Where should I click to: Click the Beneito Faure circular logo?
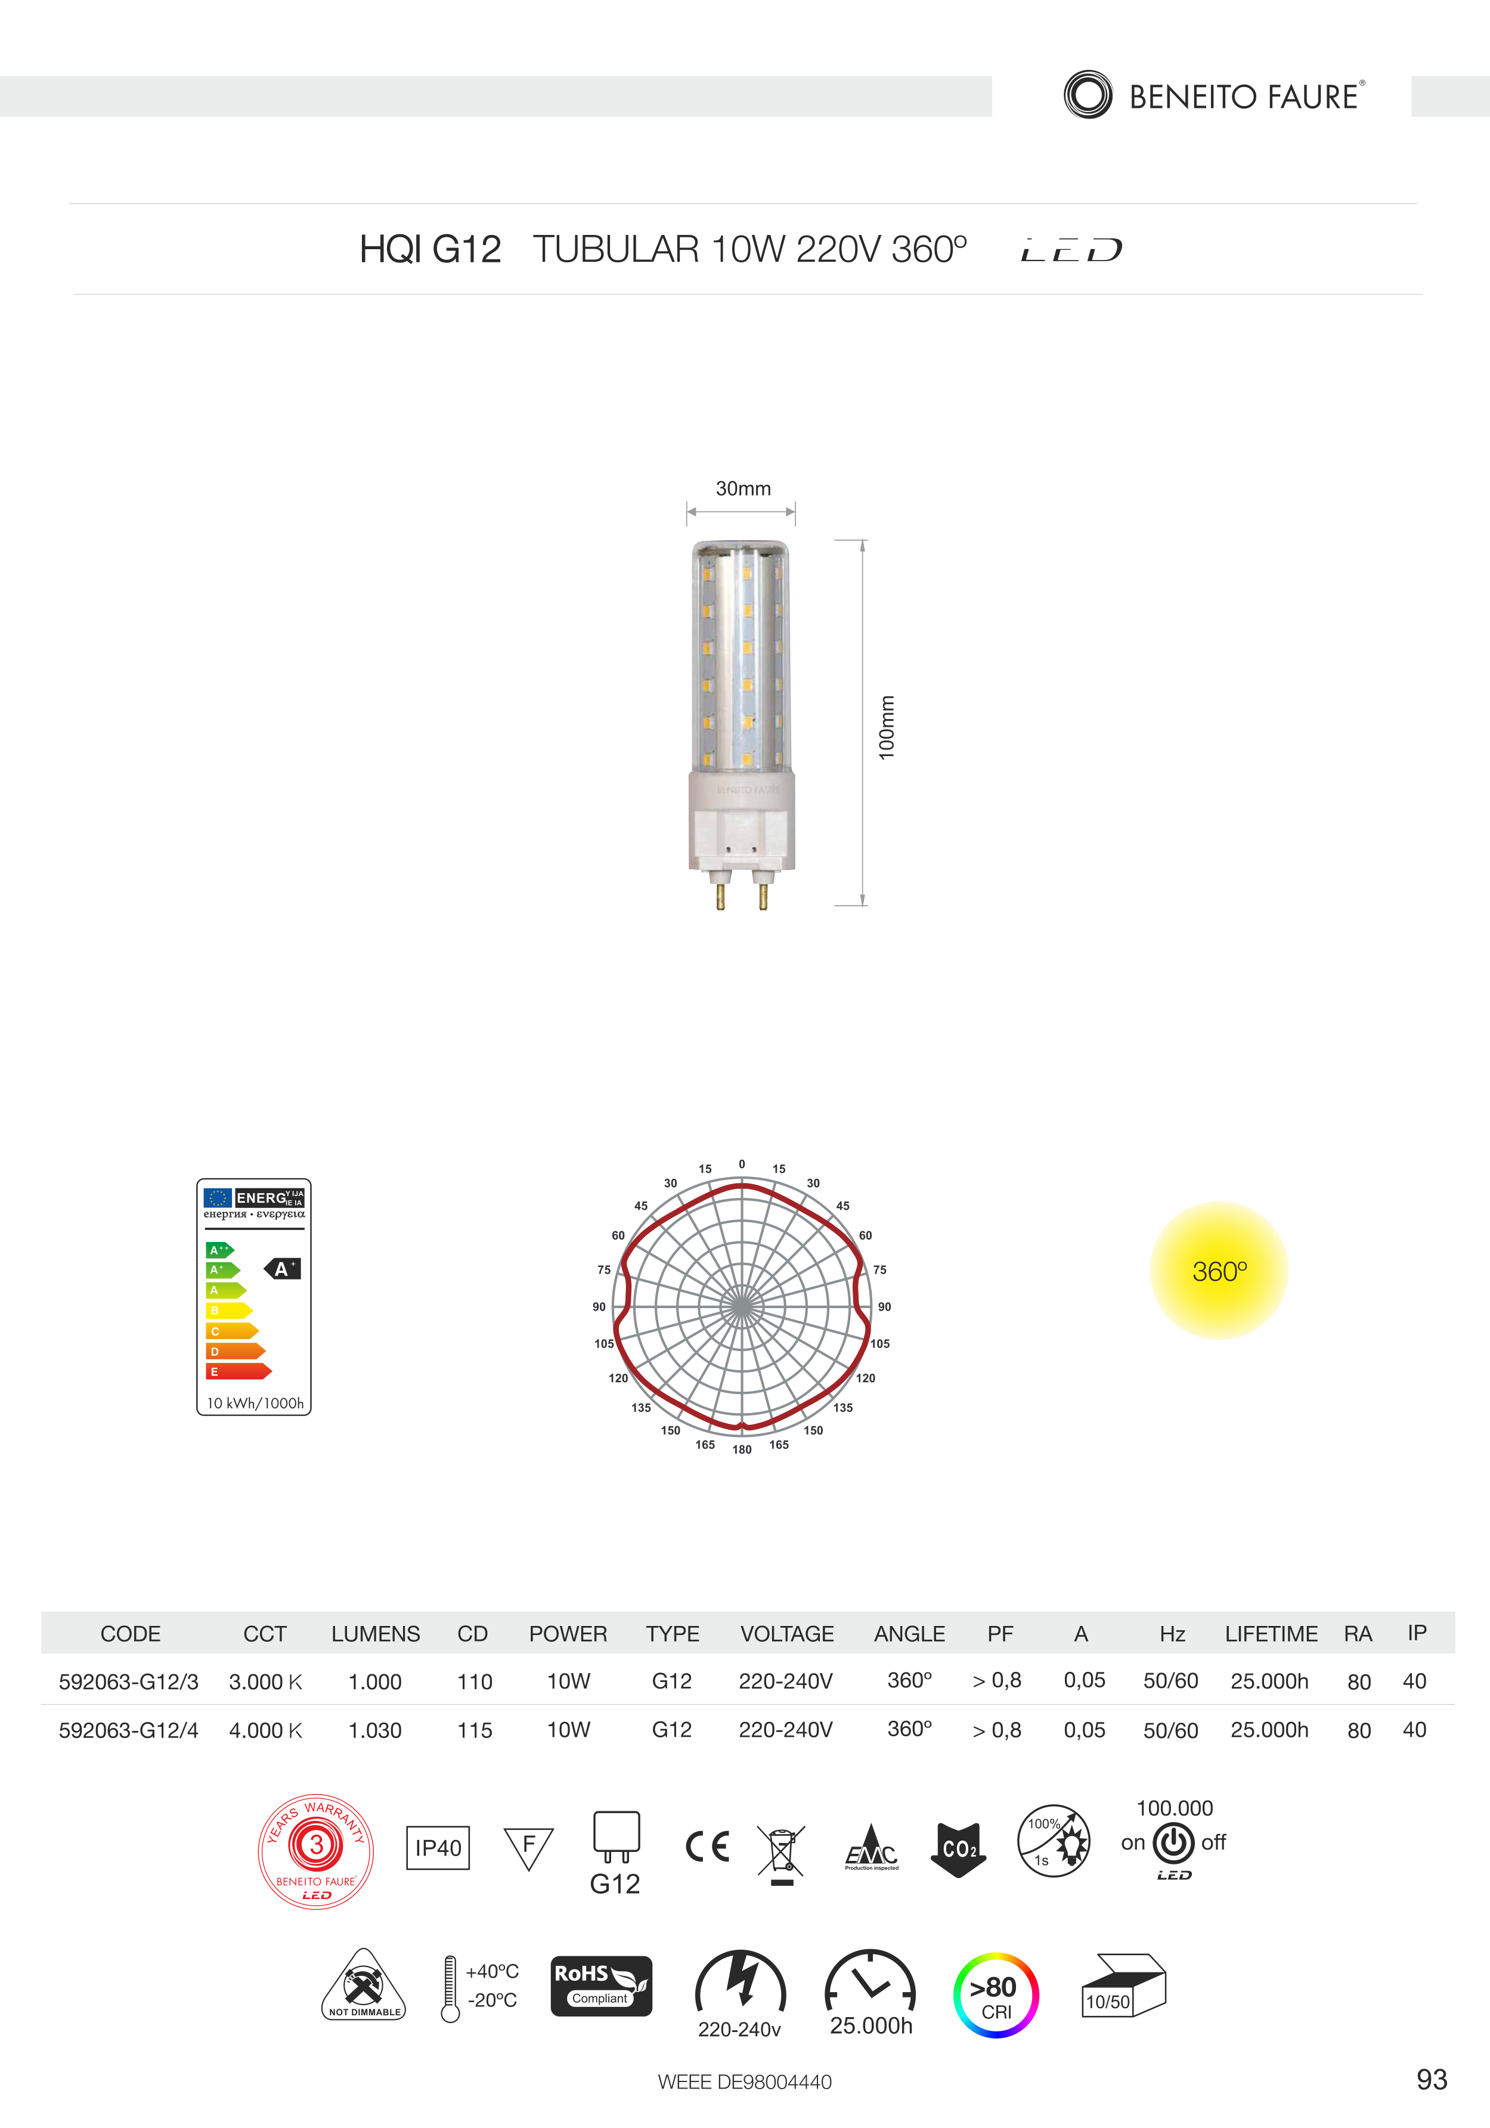coord(1088,95)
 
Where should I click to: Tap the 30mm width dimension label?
coord(743,488)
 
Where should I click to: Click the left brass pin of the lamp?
coord(720,896)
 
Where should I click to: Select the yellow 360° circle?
coord(1219,1271)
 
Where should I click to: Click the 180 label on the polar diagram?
coord(742,1449)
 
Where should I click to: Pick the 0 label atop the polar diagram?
coord(742,1164)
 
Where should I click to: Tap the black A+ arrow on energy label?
coord(283,1269)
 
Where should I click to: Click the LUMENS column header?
coord(375,1634)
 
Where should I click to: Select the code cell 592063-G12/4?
coord(129,1730)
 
